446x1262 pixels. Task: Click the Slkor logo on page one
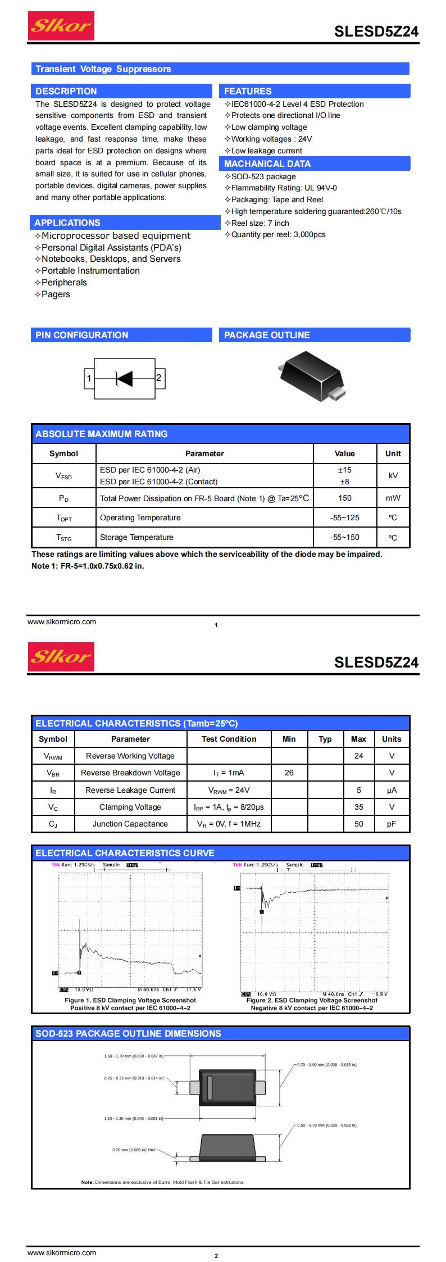(61, 26)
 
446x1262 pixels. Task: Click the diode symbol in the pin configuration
(124, 379)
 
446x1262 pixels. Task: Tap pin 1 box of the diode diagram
(89, 379)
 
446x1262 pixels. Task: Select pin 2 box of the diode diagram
(159, 378)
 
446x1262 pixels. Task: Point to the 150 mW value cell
(344, 498)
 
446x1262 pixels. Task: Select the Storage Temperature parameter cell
(136, 537)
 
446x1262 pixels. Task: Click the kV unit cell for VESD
(393, 475)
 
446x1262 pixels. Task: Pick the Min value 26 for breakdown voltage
(289, 773)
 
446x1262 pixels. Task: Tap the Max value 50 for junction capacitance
(358, 824)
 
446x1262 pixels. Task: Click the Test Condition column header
(229, 739)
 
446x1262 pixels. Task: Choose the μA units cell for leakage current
(392, 790)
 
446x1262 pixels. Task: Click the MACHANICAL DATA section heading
(267, 164)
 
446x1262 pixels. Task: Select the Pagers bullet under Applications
(56, 294)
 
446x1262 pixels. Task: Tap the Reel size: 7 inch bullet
(260, 223)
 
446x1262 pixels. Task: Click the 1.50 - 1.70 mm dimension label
(134, 1056)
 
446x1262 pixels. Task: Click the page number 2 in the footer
(216, 1256)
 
